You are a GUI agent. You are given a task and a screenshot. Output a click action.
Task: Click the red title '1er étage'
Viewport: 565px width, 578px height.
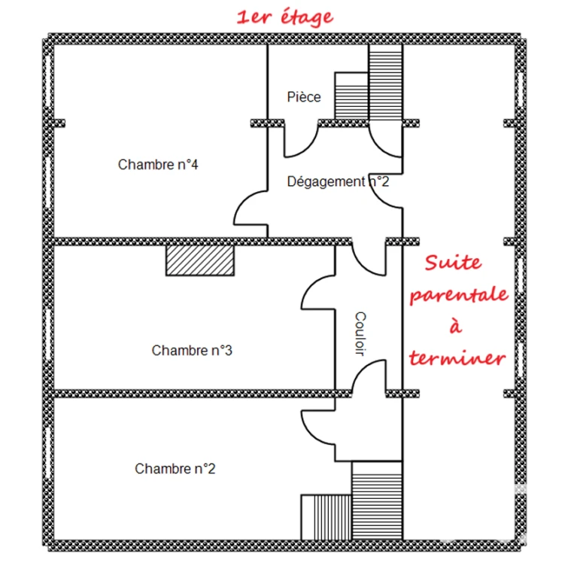point(284,18)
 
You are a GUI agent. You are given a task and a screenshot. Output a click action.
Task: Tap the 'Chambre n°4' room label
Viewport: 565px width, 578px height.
point(158,164)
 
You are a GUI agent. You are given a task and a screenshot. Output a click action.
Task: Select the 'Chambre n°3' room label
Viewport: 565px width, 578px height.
point(192,350)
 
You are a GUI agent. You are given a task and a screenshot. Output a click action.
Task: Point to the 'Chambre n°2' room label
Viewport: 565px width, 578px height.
point(175,469)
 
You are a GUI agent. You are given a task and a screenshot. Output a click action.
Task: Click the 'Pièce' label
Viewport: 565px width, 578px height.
point(304,97)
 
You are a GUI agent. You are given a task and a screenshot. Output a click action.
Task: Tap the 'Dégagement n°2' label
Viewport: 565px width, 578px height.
point(338,181)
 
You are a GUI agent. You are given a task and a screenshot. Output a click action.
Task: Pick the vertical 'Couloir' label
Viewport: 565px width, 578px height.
point(360,334)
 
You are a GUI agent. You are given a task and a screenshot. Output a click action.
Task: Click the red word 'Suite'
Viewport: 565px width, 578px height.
point(454,263)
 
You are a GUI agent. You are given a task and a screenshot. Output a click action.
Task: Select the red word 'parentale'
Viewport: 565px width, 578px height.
point(459,295)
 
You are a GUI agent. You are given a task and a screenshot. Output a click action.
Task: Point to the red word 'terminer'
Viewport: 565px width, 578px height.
point(457,358)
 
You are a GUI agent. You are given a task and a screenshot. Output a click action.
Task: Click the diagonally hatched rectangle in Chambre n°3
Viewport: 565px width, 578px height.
point(200,260)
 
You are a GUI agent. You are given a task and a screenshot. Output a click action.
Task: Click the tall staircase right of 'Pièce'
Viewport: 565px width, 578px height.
point(385,82)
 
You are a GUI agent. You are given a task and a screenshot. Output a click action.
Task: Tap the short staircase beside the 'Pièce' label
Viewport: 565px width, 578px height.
point(351,96)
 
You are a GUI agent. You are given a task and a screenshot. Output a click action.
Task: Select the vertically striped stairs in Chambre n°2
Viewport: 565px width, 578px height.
point(327,517)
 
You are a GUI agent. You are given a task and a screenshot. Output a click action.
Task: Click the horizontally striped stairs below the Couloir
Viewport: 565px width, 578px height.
point(377,500)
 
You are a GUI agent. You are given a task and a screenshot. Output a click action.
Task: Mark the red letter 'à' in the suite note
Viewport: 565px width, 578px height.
point(456,325)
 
